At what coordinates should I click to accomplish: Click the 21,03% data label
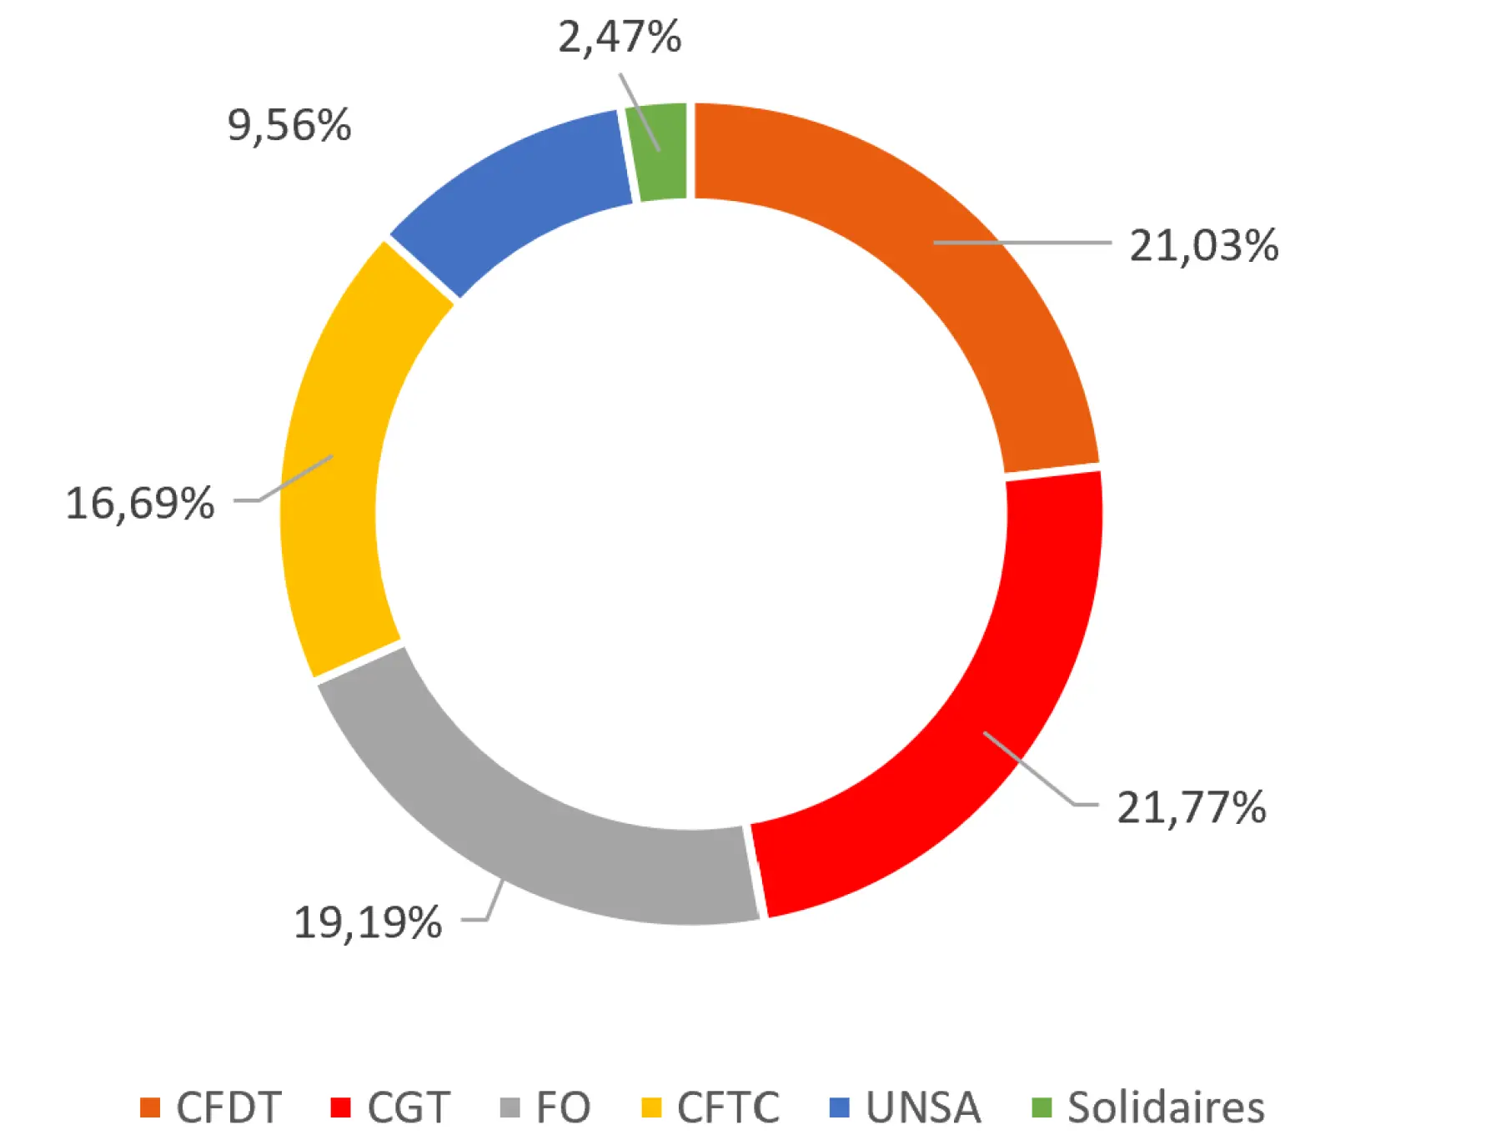(x=1203, y=246)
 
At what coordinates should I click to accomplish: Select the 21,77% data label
(x=1191, y=807)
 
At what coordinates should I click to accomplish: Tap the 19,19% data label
(x=368, y=922)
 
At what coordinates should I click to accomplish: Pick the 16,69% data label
(x=140, y=504)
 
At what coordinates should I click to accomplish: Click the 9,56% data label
(x=289, y=126)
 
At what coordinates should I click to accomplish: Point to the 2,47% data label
(x=620, y=38)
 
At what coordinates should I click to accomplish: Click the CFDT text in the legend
(x=228, y=1107)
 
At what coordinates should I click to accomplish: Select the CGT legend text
(x=409, y=1107)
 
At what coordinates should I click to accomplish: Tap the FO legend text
(x=563, y=1107)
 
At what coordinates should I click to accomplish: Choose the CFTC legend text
(x=728, y=1107)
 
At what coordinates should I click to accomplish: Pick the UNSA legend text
(x=923, y=1107)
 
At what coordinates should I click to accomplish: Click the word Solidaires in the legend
(x=1166, y=1107)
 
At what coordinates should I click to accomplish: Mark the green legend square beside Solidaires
(x=1042, y=1107)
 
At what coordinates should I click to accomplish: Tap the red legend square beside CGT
(x=340, y=1107)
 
